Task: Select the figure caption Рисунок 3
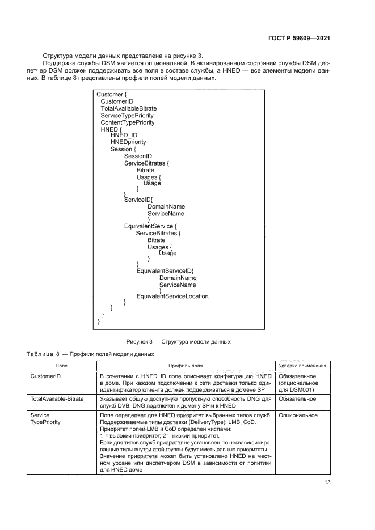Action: pyautogui.click(x=179, y=341)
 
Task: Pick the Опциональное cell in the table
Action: pyautogui.click(x=298, y=415)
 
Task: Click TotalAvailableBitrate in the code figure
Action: pyautogui.click(x=129, y=108)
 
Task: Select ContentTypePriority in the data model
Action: pyautogui.click(x=127, y=122)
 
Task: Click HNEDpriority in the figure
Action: pyautogui.click(x=128, y=142)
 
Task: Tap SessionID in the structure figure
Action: pyautogui.click(x=138, y=156)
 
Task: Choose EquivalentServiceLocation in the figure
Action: pyautogui.click(x=172, y=296)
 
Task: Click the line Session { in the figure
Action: pyautogui.click(x=124, y=149)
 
